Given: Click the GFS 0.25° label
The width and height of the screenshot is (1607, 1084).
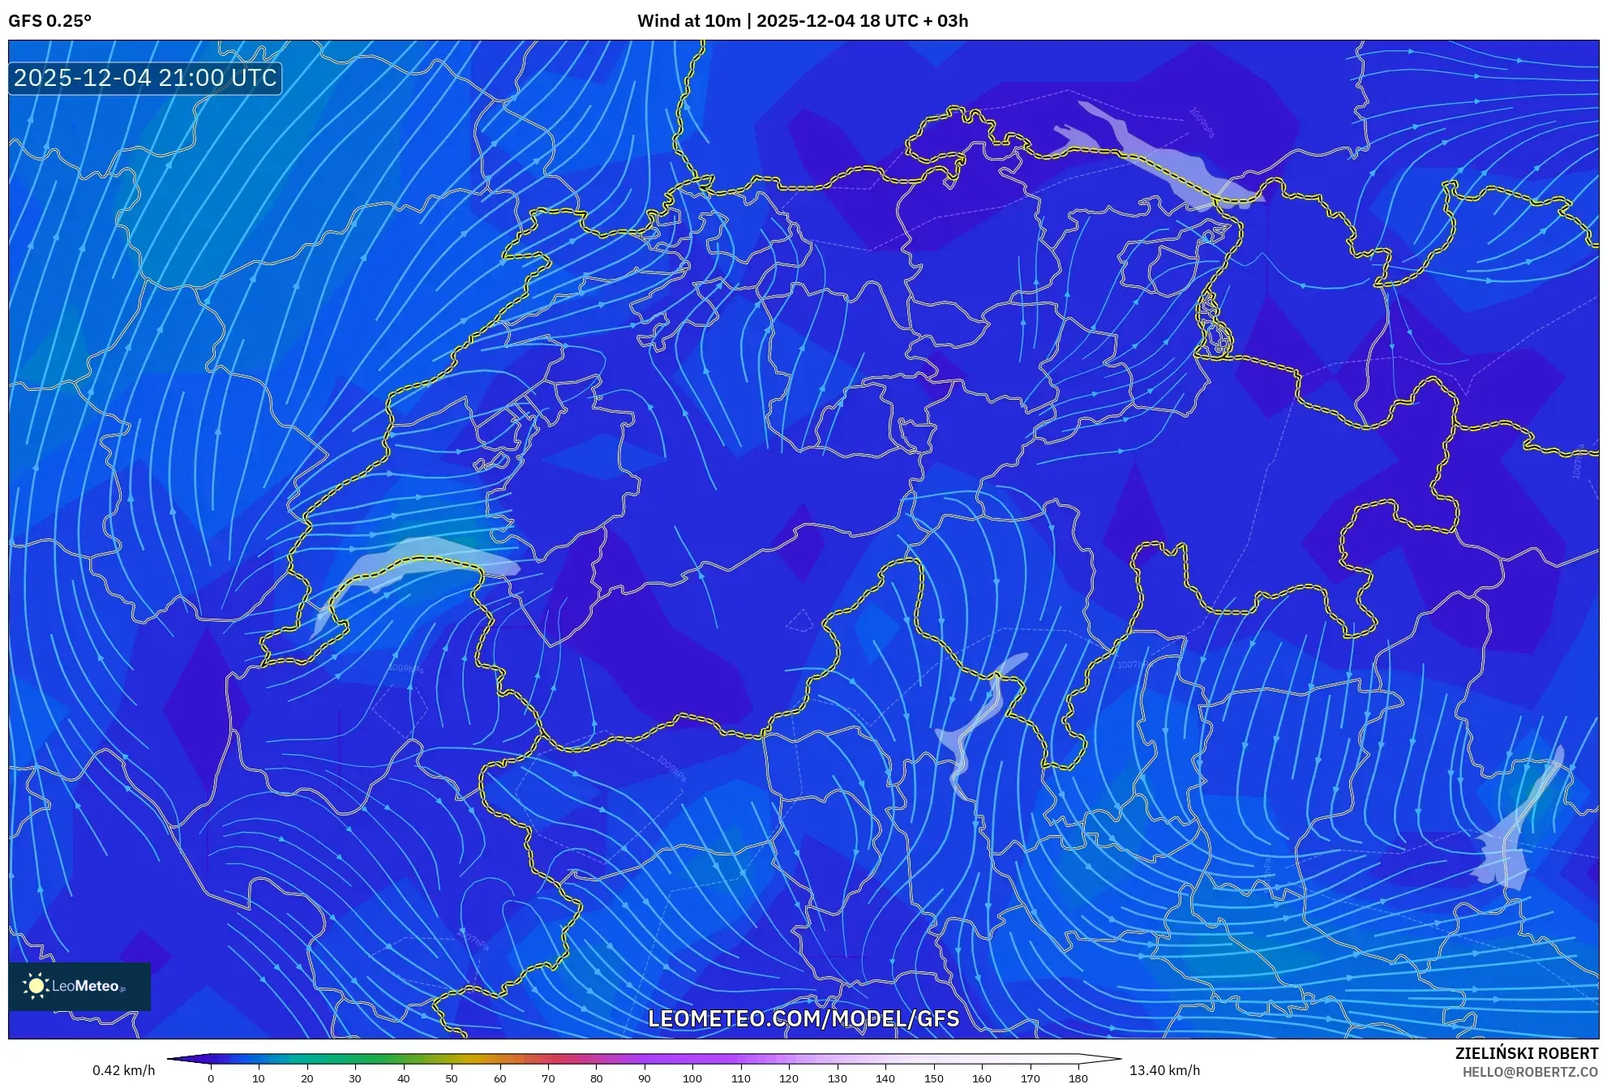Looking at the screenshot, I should pos(49,21).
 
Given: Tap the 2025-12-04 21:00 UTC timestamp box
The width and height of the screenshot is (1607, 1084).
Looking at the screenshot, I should pos(145,78).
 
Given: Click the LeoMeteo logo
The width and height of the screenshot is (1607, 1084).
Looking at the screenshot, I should pos(79,986).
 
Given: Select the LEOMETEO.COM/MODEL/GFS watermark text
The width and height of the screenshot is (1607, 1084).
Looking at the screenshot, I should pos(803,1018).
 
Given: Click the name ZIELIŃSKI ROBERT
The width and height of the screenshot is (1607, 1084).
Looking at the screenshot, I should pos(1526,1053).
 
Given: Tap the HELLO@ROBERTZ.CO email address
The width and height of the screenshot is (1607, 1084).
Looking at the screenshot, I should pos(1529,1072).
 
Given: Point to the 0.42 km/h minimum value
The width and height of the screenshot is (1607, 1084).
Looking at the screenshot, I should pos(123,1070).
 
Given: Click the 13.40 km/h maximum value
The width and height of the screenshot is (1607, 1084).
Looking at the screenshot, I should pos(1164,1070).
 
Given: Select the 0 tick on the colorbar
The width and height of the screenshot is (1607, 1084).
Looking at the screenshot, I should pos(211,1078).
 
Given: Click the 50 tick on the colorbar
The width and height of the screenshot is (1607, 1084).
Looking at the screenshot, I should pos(452,1078).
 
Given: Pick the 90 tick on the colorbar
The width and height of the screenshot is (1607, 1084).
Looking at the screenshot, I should pos(645,1078).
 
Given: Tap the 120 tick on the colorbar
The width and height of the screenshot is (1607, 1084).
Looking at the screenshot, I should pos(789,1078).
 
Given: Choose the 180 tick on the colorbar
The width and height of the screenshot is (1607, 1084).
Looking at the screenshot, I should pos(1078,1078).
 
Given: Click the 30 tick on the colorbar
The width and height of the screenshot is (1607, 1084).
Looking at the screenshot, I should pos(355,1078).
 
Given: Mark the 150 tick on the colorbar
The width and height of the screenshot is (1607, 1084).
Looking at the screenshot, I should pos(933,1078).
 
